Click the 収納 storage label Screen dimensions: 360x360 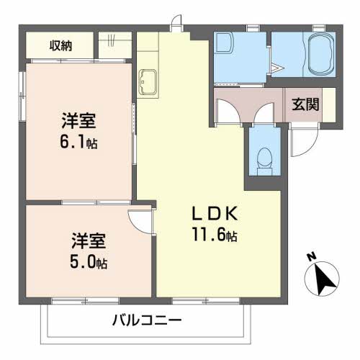coord(60,47)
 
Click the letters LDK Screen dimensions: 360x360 coord(212,214)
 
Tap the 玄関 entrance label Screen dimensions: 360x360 coord(305,103)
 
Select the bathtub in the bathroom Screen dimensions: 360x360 coord(318,54)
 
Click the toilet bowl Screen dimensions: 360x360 coord(264,156)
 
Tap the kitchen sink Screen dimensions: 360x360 coord(149,81)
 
